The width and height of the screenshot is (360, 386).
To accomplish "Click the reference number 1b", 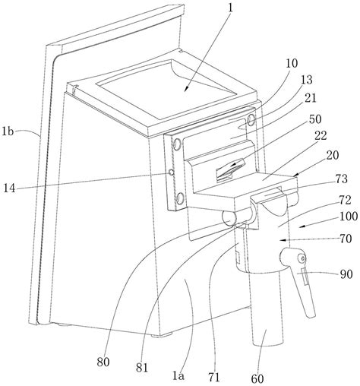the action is pos(8,131).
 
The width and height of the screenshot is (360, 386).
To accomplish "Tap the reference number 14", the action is pos(9,188).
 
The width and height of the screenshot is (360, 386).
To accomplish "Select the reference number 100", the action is pos(349,217).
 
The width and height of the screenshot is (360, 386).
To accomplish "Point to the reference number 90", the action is pos(346,274).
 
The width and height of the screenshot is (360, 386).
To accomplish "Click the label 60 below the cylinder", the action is pos(257,379).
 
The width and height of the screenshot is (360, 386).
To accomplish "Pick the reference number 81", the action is pos(142,368).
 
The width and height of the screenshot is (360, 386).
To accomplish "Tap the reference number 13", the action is pos(307,80).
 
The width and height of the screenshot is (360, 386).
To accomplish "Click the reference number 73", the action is pos(342,179).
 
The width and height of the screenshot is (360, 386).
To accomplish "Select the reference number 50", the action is pos(315,119).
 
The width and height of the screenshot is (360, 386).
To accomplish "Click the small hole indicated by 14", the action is pos(171,172).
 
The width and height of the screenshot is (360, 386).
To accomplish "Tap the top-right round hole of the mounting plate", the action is pos(251,120).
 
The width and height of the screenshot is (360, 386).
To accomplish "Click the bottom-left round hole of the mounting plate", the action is pos(180,198).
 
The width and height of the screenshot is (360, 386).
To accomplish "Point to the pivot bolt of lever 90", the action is pos(302,258).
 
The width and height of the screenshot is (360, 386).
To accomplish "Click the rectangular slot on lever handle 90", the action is pos(305,277).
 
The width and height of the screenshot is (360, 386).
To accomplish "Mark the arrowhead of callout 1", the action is pos(186,88).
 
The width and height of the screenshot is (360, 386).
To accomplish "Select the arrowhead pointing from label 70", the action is pos(283,239).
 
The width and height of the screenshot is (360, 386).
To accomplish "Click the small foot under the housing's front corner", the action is pos(162,335).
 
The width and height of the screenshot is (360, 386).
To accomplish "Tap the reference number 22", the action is pos(321,136).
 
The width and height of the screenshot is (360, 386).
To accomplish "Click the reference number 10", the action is pos(292,63).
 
